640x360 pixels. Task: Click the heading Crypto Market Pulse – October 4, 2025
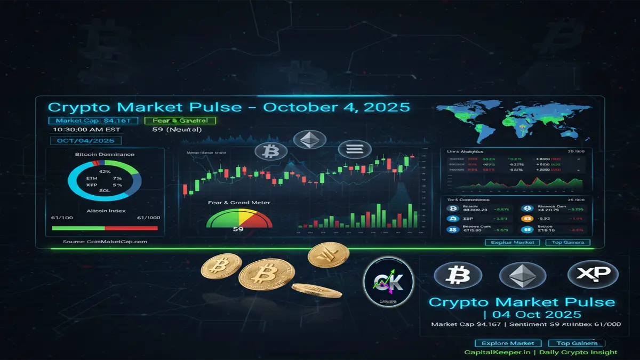229,107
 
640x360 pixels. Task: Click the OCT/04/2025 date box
85,141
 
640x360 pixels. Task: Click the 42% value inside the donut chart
105,172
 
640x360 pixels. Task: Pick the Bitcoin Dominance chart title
105,154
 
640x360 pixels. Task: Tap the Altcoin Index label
106,211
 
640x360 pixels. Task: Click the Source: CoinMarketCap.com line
105,242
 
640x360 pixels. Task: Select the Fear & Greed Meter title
238,203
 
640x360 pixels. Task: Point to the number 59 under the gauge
238,229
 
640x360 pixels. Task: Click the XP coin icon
593,275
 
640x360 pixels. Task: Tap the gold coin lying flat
317,290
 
